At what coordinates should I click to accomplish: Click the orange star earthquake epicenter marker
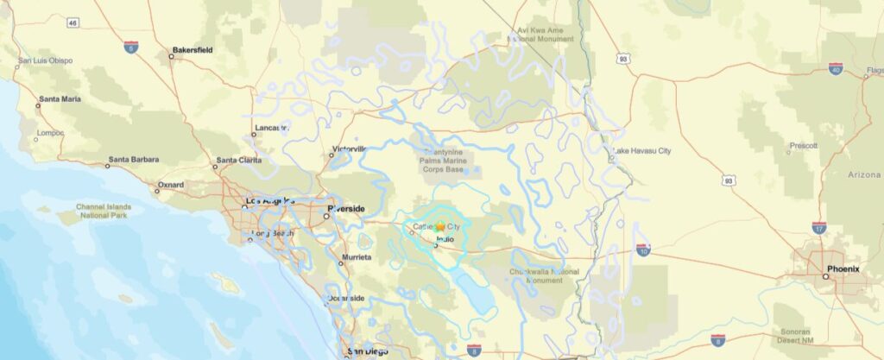click(x=440, y=226)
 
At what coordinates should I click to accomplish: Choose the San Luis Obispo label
click(x=46, y=60)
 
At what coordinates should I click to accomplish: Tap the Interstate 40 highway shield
click(x=835, y=68)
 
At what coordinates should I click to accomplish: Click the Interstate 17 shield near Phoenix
click(x=818, y=228)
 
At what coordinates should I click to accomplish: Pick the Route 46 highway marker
click(x=73, y=22)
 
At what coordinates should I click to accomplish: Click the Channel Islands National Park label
click(x=102, y=212)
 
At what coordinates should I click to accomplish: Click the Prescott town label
click(x=803, y=146)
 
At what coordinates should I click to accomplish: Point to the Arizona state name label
click(x=863, y=175)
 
